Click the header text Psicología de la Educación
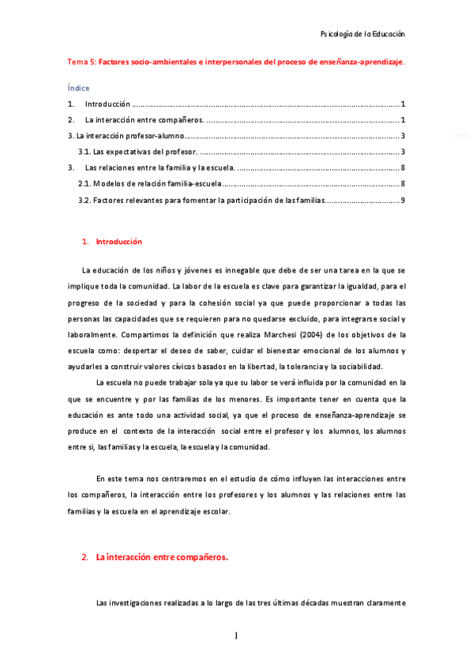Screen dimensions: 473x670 click(362, 35)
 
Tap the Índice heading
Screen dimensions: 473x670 click(78, 88)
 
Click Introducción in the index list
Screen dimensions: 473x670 click(107, 104)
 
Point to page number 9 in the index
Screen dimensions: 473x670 click(403, 200)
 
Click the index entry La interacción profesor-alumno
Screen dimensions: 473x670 click(126, 136)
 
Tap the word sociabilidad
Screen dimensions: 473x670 click(357, 366)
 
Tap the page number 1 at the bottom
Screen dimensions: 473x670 click(236, 636)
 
